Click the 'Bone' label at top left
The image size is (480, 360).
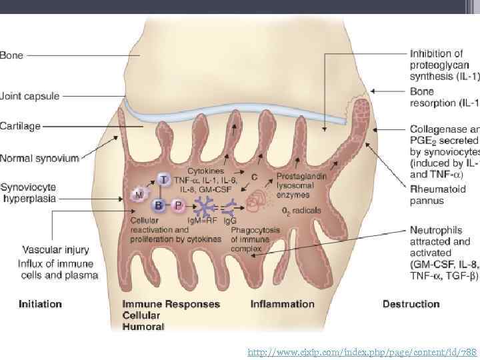point(11,55)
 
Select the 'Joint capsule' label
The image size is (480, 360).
point(30,96)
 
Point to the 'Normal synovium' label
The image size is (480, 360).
point(39,159)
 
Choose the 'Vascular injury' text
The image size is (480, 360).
point(55,251)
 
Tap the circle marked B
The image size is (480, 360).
point(159,205)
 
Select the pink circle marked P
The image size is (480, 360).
point(178,206)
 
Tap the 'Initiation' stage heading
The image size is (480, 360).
point(41,304)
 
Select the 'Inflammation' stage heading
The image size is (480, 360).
point(282,304)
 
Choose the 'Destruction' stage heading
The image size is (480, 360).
point(411,304)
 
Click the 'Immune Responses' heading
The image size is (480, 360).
point(171,304)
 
